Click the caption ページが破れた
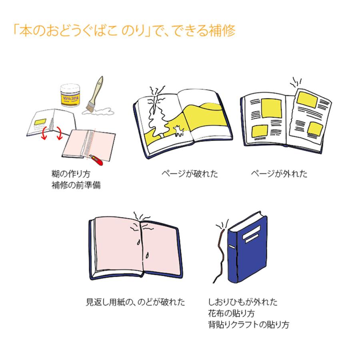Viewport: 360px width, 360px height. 190,174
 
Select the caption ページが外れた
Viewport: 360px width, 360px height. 279,174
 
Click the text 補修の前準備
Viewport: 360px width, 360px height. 76,186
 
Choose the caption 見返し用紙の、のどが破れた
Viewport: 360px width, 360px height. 136,302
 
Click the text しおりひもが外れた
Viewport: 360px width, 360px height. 243,302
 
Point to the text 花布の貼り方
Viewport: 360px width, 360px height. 232,312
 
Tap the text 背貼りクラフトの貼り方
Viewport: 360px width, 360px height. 248,324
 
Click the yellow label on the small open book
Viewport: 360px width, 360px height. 40,121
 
